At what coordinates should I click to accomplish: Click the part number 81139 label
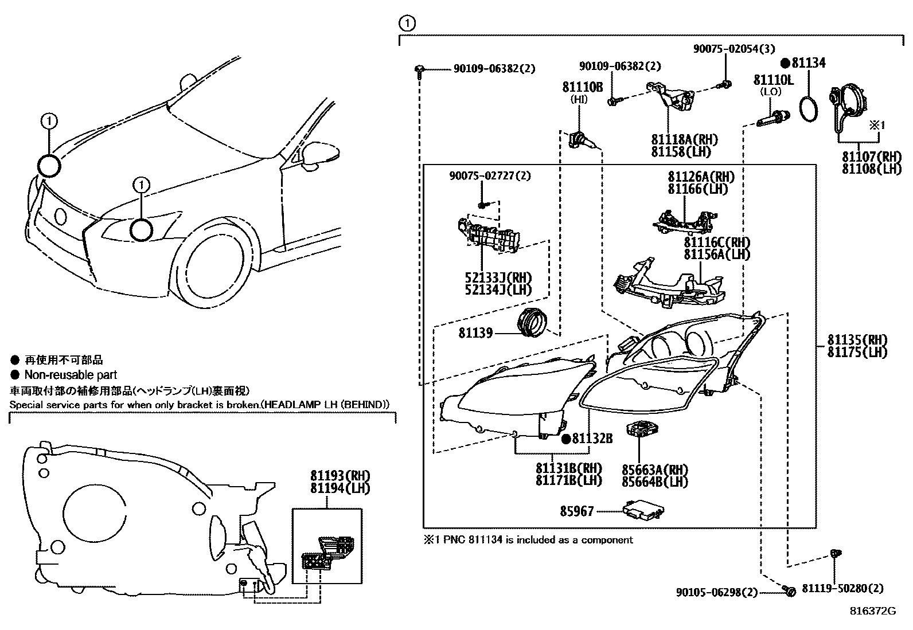click(475, 332)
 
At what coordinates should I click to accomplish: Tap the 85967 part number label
click(577, 511)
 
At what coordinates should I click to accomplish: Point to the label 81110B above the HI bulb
click(582, 87)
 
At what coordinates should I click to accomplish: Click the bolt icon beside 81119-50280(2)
click(834, 554)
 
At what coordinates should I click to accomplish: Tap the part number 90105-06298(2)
click(717, 592)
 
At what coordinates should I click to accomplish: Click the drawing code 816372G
click(872, 611)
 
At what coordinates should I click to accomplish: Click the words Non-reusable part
click(71, 375)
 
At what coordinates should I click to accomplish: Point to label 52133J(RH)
click(498, 277)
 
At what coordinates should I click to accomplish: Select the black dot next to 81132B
click(565, 439)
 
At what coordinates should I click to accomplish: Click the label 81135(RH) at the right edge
click(857, 339)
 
